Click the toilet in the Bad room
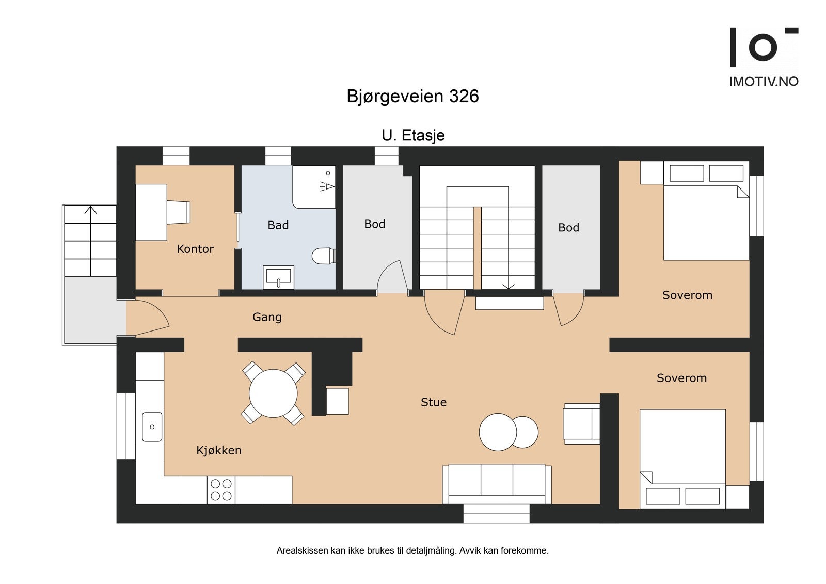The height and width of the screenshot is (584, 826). (324, 256)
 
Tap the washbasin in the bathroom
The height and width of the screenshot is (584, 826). (278, 277)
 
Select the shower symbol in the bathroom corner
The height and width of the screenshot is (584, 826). (327, 185)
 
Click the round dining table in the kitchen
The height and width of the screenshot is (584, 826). (273, 393)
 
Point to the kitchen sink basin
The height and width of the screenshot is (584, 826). (152, 427)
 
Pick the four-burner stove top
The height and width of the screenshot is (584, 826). (221, 490)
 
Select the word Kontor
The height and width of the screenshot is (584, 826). (195, 249)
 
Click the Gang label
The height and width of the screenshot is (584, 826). (267, 317)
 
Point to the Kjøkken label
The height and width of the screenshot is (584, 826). (219, 450)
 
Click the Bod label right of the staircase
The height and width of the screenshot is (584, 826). (568, 228)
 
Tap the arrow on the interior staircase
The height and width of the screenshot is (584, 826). (509, 285)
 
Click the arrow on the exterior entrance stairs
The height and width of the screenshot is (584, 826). (91, 210)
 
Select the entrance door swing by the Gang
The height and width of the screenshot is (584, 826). (150, 317)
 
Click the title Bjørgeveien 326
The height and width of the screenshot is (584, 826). (412, 97)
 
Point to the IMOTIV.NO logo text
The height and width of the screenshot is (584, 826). (764, 82)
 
